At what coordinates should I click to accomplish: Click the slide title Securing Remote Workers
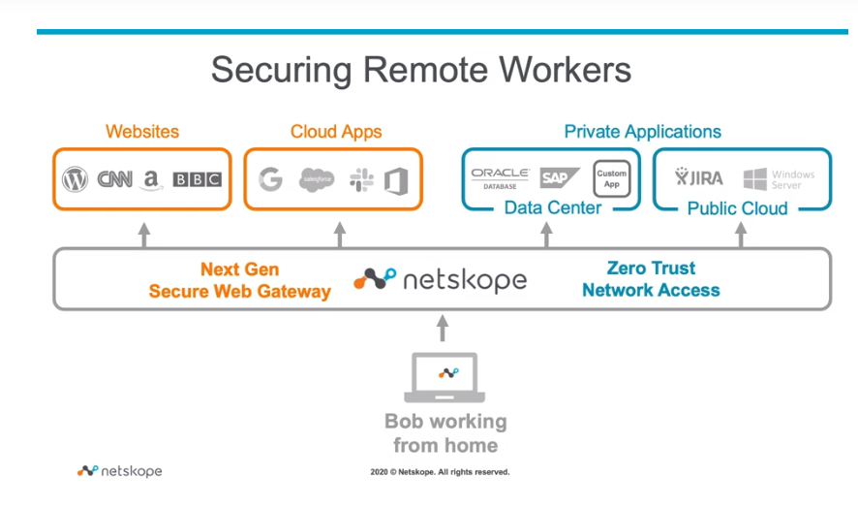tap(421, 70)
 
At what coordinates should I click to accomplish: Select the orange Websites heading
tap(142, 132)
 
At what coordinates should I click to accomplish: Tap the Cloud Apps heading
tap(336, 132)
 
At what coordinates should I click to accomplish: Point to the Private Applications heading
tap(642, 132)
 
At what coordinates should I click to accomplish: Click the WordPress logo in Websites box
tap(75, 179)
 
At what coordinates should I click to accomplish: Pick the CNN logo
tap(114, 179)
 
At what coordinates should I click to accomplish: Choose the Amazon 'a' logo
tap(151, 178)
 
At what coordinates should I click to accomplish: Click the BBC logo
tap(197, 179)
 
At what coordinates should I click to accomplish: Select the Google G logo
tap(270, 178)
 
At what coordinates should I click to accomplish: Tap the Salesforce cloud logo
tap(316, 178)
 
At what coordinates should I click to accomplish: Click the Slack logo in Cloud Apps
tap(360, 178)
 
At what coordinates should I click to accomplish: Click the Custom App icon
tap(610, 178)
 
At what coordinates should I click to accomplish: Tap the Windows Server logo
tap(779, 179)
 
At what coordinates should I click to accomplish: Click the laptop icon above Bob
tap(444, 377)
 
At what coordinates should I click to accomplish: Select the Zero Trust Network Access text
tap(651, 279)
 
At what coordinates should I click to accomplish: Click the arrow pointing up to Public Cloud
tap(742, 235)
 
